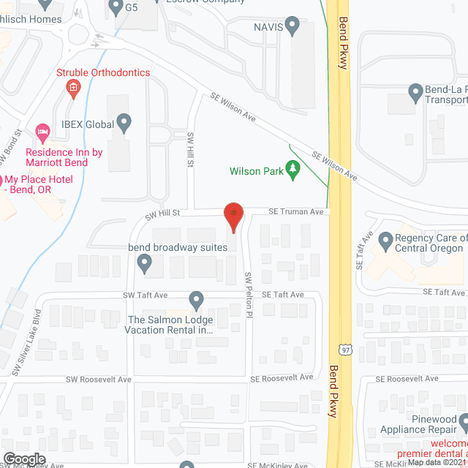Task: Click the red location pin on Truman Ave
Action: click(233, 215)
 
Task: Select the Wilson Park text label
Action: click(256, 173)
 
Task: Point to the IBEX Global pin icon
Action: click(124, 123)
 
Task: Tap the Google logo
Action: click(23, 458)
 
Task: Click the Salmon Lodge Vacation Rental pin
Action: click(196, 300)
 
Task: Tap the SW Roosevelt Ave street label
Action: click(98, 379)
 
